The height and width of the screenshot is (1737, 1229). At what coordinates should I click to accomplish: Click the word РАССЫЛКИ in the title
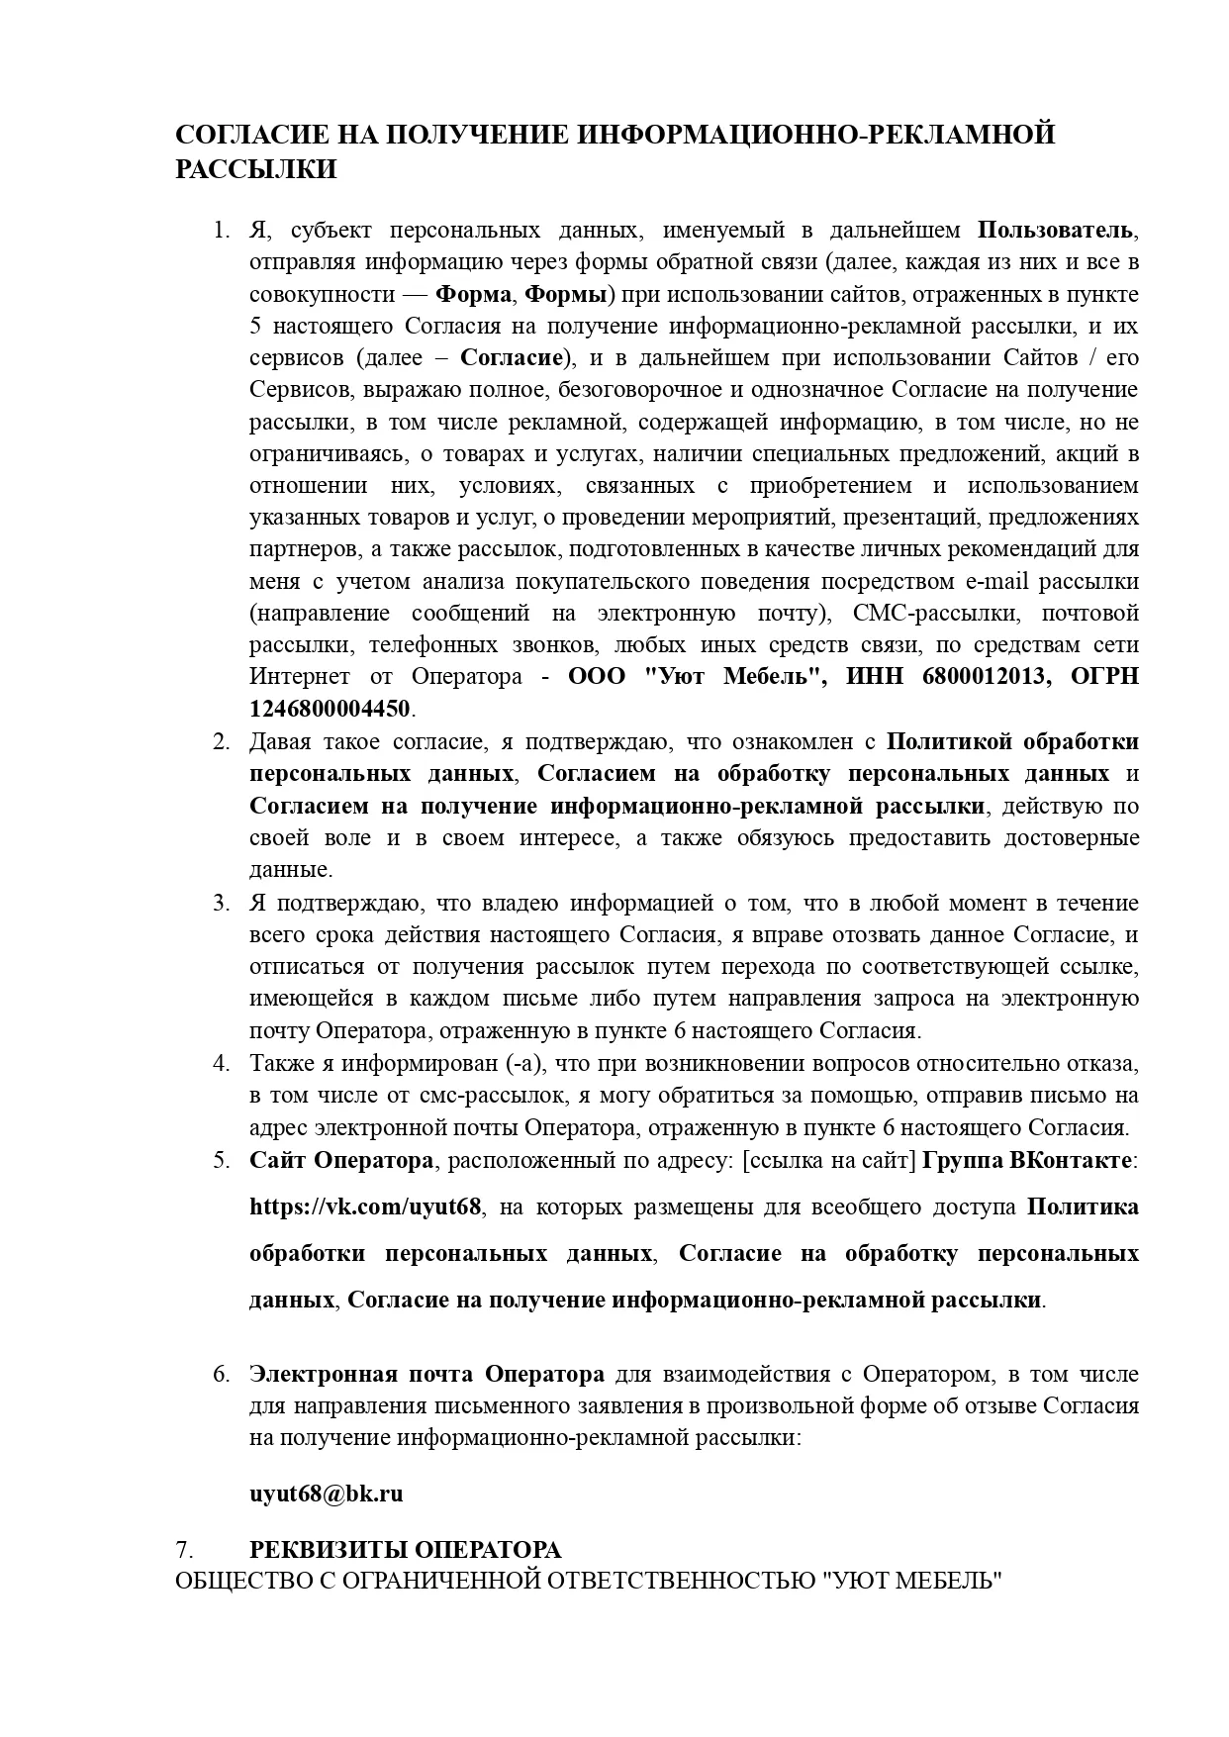coord(256,169)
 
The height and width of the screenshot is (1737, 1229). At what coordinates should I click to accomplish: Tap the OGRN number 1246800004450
coord(329,709)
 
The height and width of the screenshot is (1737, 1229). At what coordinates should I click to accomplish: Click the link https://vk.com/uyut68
coord(365,1206)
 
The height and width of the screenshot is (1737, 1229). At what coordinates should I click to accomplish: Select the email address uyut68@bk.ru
coord(326,1494)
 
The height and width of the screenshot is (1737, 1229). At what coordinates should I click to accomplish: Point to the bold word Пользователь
coord(1055,231)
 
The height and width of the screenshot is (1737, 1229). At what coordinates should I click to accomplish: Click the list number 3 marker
coord(221,903)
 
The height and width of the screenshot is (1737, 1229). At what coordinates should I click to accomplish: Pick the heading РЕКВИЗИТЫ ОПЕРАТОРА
coord(405,1549)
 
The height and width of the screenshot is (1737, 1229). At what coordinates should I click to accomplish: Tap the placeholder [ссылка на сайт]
coord(829,1160)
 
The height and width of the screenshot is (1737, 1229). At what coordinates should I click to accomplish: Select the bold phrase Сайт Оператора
coord(340,1160)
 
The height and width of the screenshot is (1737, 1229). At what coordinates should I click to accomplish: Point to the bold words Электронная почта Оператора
coord(426,1374)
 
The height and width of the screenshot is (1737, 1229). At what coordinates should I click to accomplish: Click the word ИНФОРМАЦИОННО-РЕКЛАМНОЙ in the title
coord(815,134)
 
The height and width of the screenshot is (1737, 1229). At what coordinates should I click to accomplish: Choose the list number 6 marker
coord(221,1374)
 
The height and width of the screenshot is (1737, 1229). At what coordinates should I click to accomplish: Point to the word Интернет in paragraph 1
coord(299,677)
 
